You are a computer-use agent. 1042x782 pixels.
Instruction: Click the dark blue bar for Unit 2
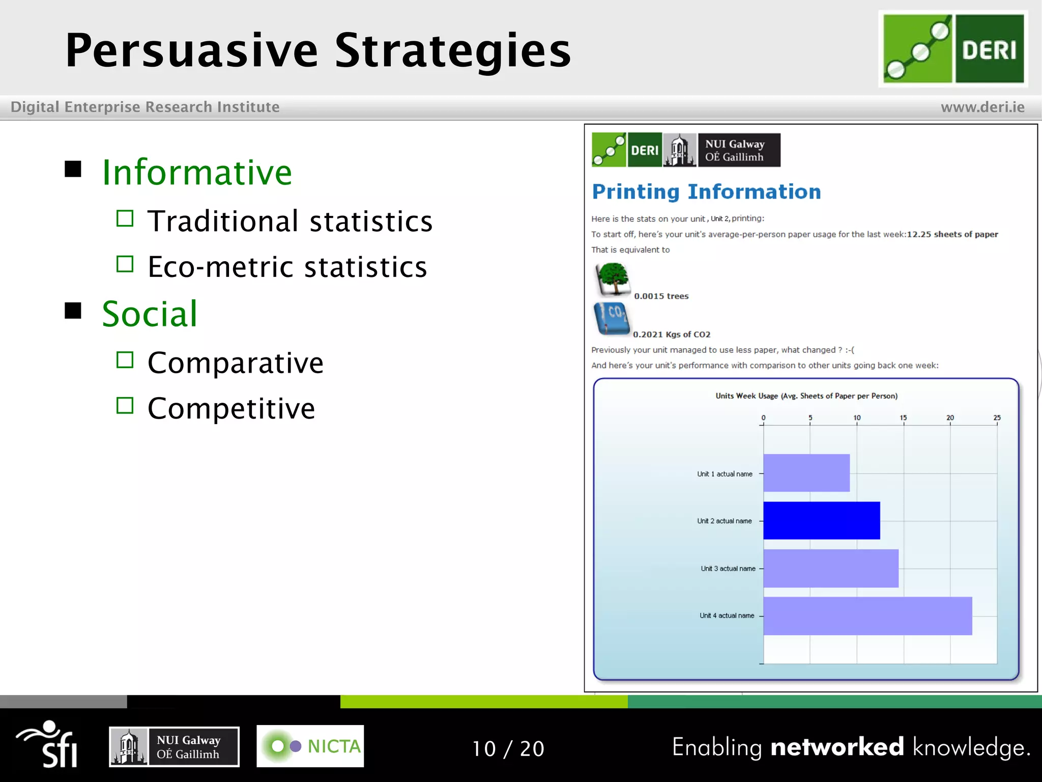[x=821, y=520]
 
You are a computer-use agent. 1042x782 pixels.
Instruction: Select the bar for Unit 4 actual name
[x=867, y=616]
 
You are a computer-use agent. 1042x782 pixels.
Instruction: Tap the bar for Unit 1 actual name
[x=806, y=473]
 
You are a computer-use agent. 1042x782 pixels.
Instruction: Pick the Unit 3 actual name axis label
[x=728, y=569]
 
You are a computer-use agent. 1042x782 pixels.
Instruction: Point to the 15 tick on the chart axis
[x=903, y=418]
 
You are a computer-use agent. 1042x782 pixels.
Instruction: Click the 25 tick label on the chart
[x=997, y=418]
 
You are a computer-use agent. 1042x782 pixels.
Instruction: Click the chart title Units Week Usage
[x=806, y=396]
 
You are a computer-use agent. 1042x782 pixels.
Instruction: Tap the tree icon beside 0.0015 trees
[x=613, y=279]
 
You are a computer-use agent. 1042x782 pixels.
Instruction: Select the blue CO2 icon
[x=612, y=319]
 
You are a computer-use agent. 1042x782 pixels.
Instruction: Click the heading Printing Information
[x=706, y=192]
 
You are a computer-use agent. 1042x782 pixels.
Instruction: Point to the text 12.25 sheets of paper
[x=952, y=234]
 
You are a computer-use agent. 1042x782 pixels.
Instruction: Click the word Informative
[x=197, y=173]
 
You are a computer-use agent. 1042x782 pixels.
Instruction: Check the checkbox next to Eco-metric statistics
[x=125, y=264]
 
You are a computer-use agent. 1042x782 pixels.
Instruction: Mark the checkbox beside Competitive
[x=125, y=406]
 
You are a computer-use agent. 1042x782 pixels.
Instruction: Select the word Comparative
[x=235, y=363]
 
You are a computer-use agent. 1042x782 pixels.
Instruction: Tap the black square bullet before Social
[x=73, y=311]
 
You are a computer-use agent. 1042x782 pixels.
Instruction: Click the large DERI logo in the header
[x=953, y=49]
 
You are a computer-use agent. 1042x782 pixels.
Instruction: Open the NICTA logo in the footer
[x=310, y=746]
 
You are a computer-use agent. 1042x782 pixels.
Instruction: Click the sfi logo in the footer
[x=48, y=744]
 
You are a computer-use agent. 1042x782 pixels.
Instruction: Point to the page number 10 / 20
[x=508, y=748]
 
